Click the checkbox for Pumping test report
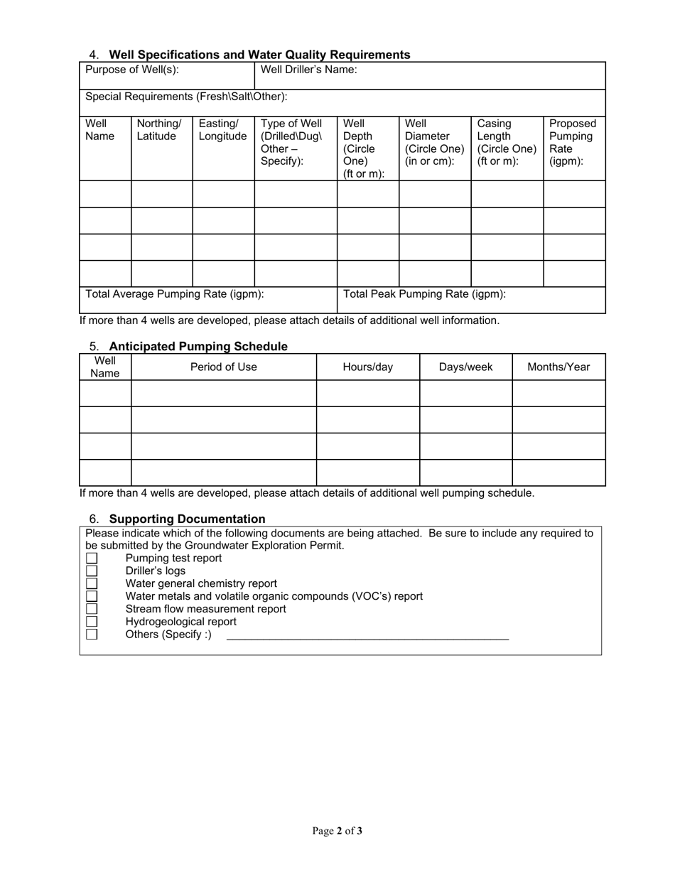pos(92,559)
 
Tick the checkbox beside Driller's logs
pos(92,571)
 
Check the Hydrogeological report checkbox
pos(92,622)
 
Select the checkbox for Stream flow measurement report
pos(92,609)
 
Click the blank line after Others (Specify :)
pos(367,635)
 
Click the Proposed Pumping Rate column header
pos(573,142)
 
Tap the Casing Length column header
pos(506,142)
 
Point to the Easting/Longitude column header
pos(222,130)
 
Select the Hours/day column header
pos(367,367)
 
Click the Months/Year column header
pos(558,367)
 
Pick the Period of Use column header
pos(223,367)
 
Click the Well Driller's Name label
pos(309,70)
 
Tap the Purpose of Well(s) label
pos(132,70)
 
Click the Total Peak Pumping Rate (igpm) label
pos(424,294)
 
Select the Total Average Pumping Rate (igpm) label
pos(175,294)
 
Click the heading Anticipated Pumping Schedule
pos(198,347)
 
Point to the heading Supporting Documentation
pos(187,519)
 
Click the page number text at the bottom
pos(337,831)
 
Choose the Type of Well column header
pos(291,142)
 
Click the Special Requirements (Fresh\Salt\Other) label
pos(186,97)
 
